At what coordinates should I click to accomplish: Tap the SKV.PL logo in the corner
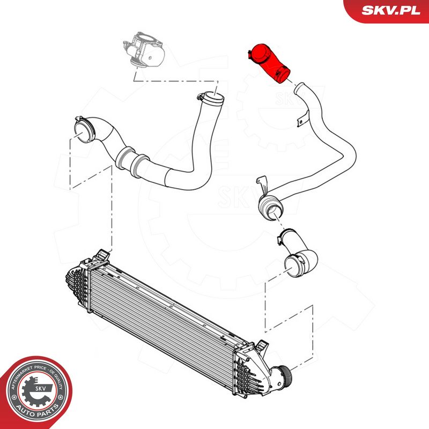[x=391, y=11]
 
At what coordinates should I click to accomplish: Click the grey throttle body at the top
[x=144, y=49]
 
